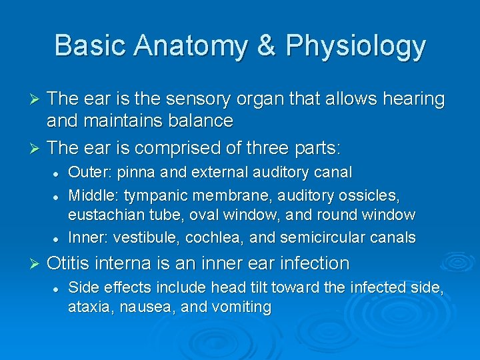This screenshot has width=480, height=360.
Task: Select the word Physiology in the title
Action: [x=355, y=46]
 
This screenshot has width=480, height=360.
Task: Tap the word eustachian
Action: [x=106, y=215]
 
